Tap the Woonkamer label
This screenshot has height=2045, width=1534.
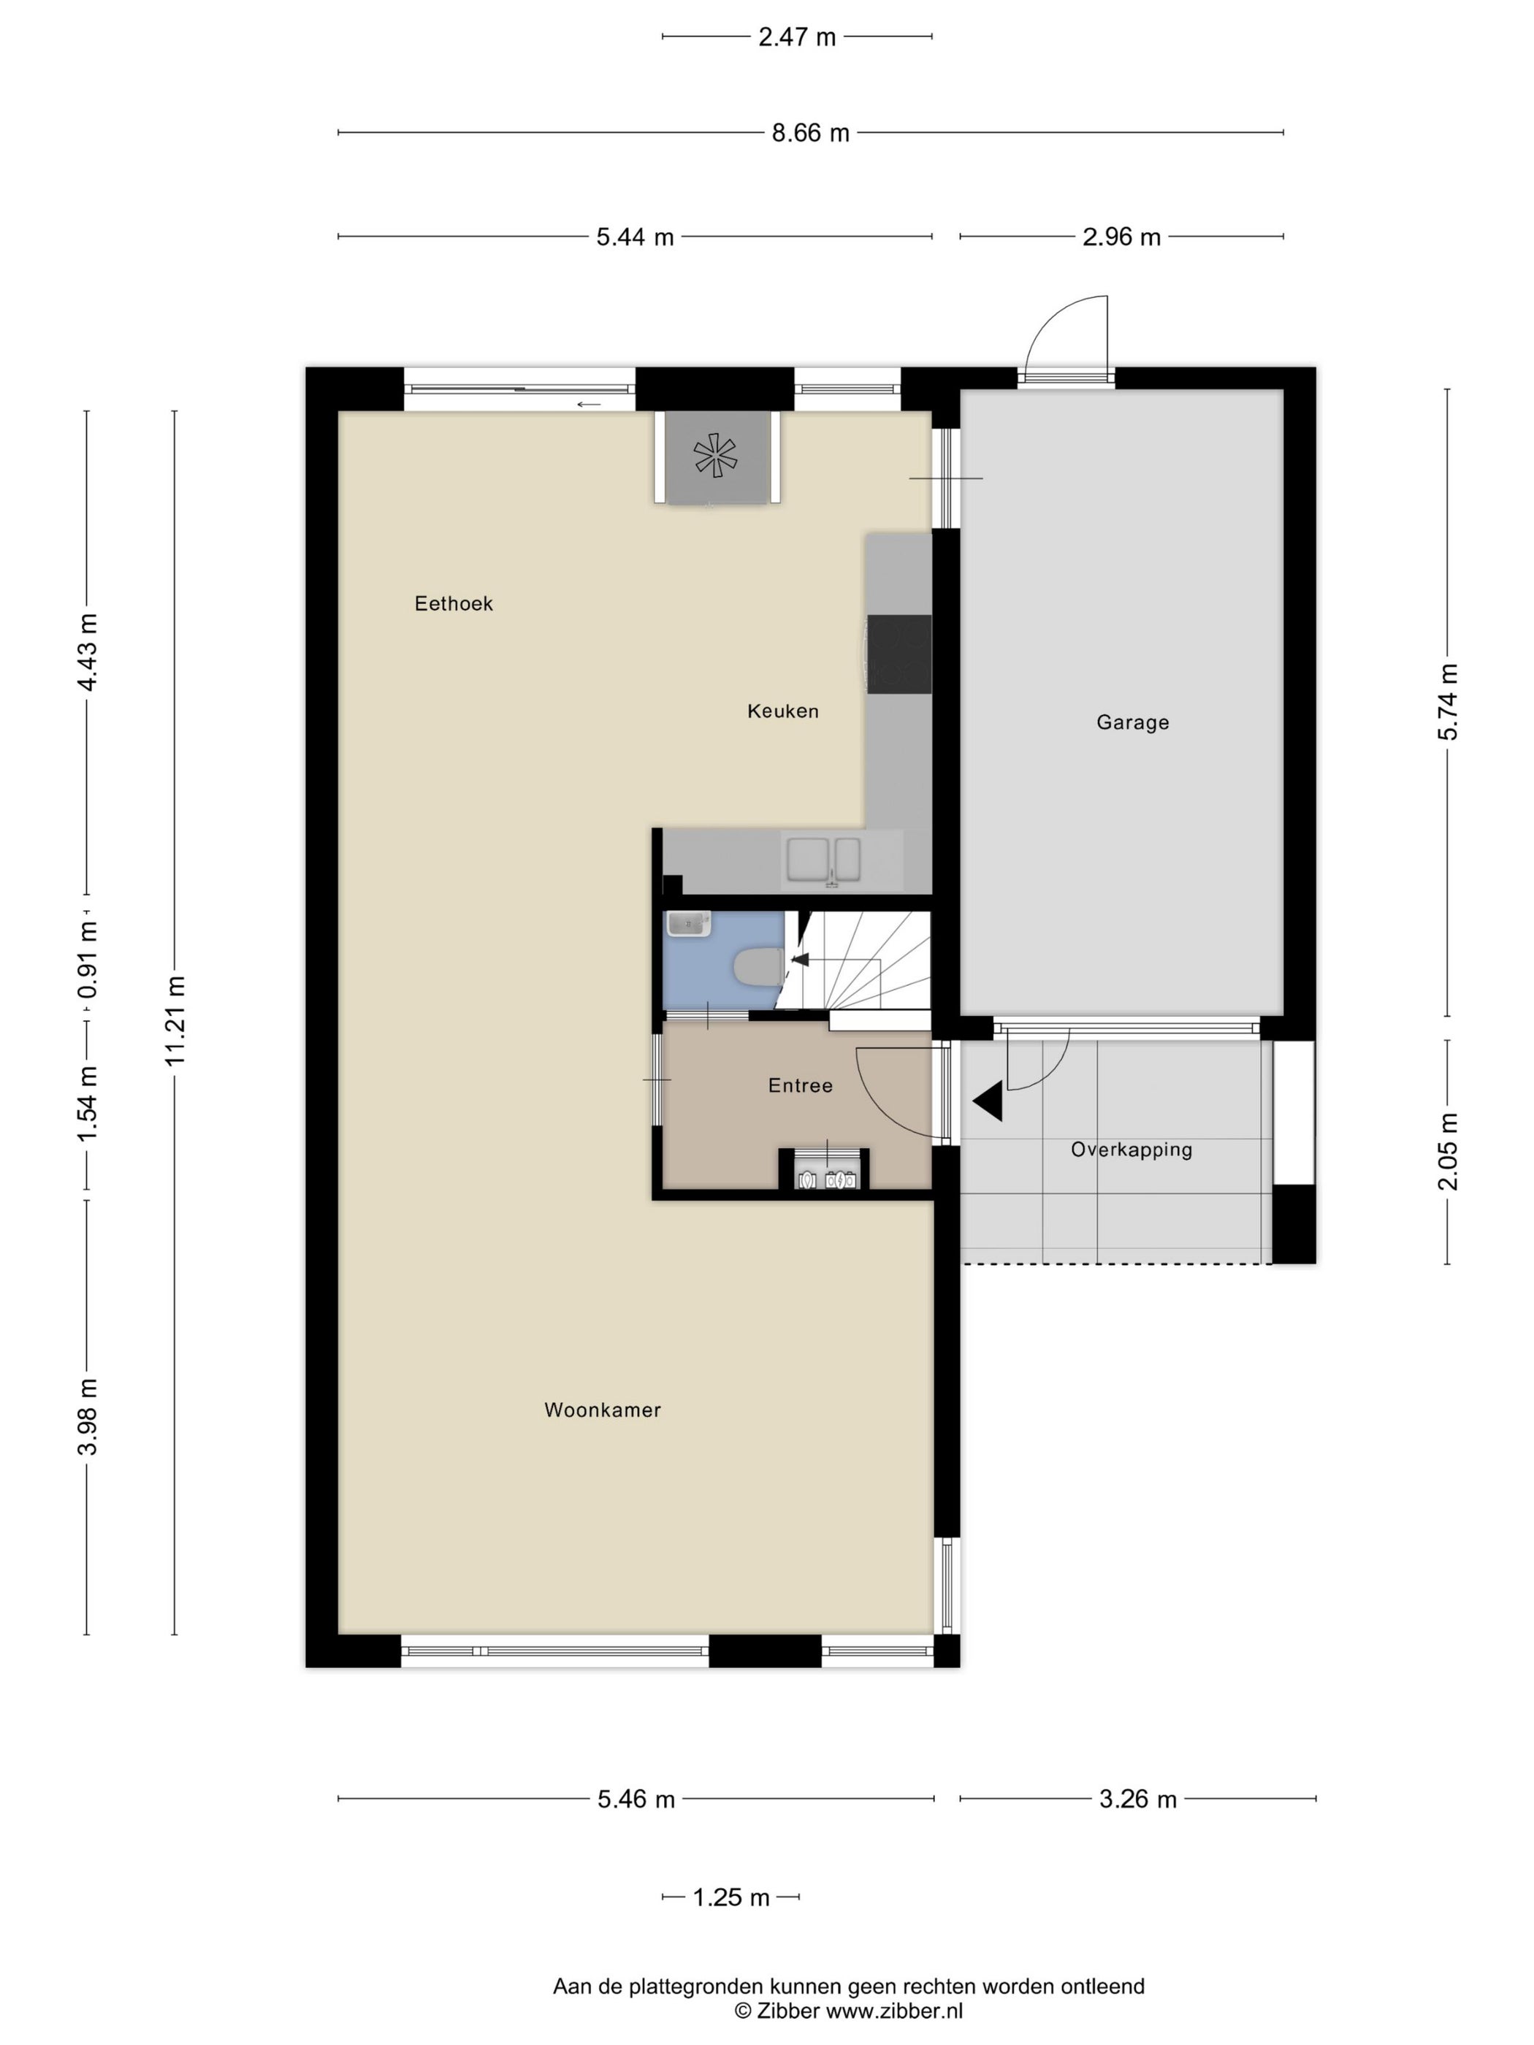pos(602,1410)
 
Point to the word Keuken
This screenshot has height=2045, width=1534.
pos(782,711)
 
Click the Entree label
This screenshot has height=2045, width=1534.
pos(800,1085)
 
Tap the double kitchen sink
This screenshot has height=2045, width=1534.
pos(823,860)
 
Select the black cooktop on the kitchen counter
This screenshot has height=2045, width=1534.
pos(898,654)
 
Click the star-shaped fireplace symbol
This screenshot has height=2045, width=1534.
pos(716,456)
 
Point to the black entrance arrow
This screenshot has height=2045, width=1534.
pos(988,1102)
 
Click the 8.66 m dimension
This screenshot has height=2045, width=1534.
pos(810,133)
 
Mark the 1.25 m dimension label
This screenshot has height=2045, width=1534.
pos(730,1897)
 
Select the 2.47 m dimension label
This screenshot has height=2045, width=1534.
pos(796,37)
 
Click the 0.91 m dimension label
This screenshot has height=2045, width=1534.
pos(87,959)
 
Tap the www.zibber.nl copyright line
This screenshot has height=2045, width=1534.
pos(848,2010)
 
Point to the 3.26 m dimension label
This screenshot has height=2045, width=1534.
pos(1137,1799)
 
